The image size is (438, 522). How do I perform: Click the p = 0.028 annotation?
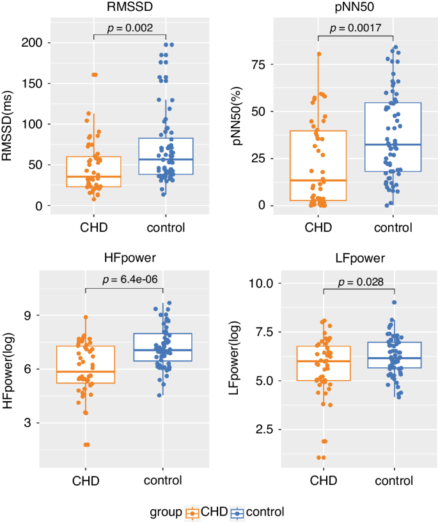(358, 282)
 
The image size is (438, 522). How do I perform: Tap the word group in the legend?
(165, 512)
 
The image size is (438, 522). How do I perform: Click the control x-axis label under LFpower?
(394, 480)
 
